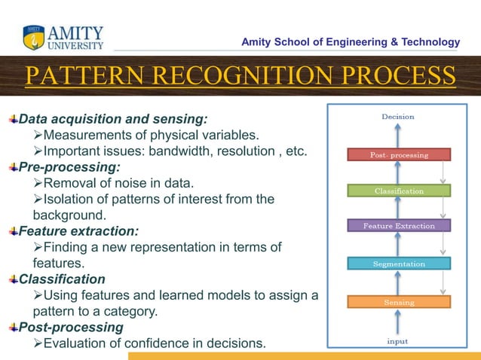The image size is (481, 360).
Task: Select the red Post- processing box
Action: pos(399,155)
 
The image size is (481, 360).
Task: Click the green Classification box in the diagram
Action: pos(399,191)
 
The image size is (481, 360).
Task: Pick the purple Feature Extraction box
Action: pos(399,226)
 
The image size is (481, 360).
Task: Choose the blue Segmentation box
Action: pos(399,264)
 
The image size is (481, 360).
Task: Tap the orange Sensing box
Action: pos(399,302)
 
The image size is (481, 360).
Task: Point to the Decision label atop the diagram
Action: pos(397,117)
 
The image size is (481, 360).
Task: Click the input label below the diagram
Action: pos(397,341)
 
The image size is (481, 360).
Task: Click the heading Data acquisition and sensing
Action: pos(113,119)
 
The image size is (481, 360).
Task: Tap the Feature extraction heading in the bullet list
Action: pos(78,231)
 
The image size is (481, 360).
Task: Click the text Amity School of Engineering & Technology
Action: pos(350,42)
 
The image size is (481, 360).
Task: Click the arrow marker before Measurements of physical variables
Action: pos(38,136)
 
